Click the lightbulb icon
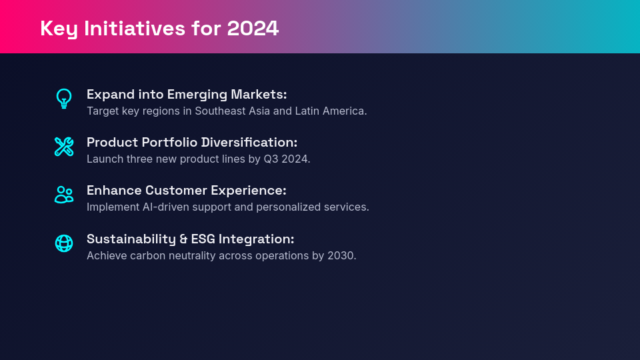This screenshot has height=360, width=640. coord(64,99)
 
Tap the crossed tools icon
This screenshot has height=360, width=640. coord(64,147)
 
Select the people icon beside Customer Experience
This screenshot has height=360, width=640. coord(64,195)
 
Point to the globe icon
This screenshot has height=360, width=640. coord(64,243)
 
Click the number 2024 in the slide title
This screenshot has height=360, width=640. coord(253,29)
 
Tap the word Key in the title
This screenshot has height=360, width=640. coord(59,29)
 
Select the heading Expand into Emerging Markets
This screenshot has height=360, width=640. coord(187,95)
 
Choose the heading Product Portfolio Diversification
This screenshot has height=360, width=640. coord(192,143)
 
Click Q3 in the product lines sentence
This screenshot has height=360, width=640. coord(271,159)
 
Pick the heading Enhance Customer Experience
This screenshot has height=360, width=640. coord(187,191)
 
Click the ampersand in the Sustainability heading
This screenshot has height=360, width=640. coord(183,239)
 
